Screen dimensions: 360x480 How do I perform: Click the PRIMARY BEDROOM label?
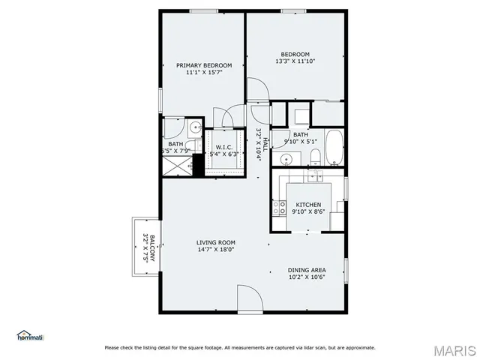click(204, 65)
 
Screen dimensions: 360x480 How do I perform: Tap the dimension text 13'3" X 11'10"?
click(295, 62)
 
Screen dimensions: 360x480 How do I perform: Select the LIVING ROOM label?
click(216, 242)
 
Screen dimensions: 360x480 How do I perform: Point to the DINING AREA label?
click(307, 269)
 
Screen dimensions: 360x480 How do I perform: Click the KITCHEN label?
click(308, 205)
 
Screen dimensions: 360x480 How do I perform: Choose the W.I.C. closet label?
click(223, 147)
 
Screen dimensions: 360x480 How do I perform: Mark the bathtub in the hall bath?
click(334, 148)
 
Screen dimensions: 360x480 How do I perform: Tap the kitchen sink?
click(313, 177)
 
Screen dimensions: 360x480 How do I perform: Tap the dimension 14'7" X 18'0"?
click(216, 250)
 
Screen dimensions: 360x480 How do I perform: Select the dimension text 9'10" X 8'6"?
click(308, 212)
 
